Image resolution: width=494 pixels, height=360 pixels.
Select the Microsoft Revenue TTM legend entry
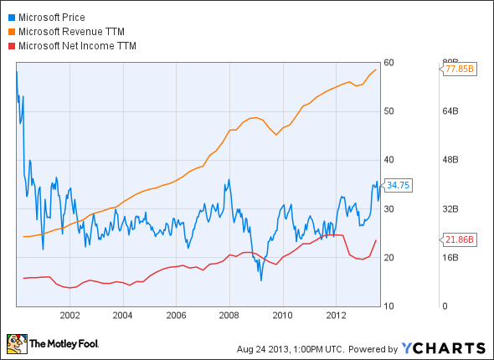(74, 31)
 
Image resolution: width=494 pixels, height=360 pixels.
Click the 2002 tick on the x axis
(69, 316)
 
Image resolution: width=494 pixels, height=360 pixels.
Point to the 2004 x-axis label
(123, 316)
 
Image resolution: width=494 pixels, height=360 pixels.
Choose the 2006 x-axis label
(176, 316)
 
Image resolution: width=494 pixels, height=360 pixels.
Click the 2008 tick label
(229, 316)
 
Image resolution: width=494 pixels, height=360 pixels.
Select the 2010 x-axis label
(283, 316)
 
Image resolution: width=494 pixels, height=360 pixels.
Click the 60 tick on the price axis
(389, 62)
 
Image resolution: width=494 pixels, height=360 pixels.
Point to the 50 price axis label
(389, 111)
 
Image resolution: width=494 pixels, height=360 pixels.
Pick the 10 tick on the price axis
(389, 306)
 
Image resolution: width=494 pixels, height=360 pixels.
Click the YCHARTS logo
(443, 347)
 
